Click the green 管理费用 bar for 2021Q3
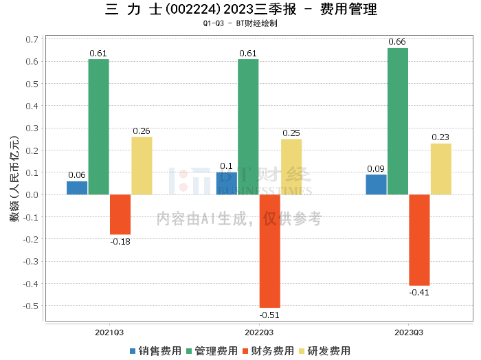[98, 127]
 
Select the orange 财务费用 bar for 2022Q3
[269, 251]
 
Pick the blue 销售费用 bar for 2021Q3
[77, 188]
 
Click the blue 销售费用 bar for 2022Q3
[227, 183]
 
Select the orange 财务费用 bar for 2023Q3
[419, 240]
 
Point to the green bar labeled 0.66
[398, 121]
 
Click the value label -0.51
[270, 315]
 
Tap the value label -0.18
[120, 241]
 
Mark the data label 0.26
[142, 131]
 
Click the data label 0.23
[440, 137]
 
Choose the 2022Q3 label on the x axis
[259, 333]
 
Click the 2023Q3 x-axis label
[409, 333]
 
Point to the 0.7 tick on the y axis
[32, 40]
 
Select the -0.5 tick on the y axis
[31, 306]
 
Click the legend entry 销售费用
[153, 350]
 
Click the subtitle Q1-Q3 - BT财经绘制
[240, 23]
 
